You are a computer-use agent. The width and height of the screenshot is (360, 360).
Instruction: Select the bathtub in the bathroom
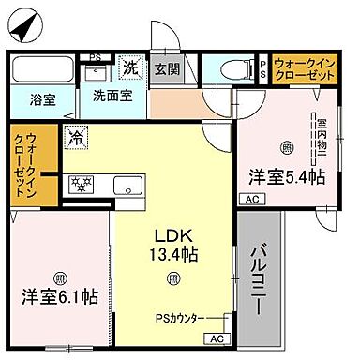pyautogui.click(x=41, y=72)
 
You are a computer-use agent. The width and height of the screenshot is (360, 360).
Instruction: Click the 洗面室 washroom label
pyautogui.click(x=112, y=95)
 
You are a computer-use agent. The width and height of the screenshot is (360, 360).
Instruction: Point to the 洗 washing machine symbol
pyautogui.click(x=131, y=68)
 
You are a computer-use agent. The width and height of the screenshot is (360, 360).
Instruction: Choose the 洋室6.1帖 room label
pyautogui.click(x=60, y=297)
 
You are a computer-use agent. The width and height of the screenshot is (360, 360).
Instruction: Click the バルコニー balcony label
pyautogui.click(x=259, y=276)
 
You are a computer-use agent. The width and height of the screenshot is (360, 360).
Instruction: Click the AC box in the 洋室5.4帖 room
pyautogui.click(x=251, y=199)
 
